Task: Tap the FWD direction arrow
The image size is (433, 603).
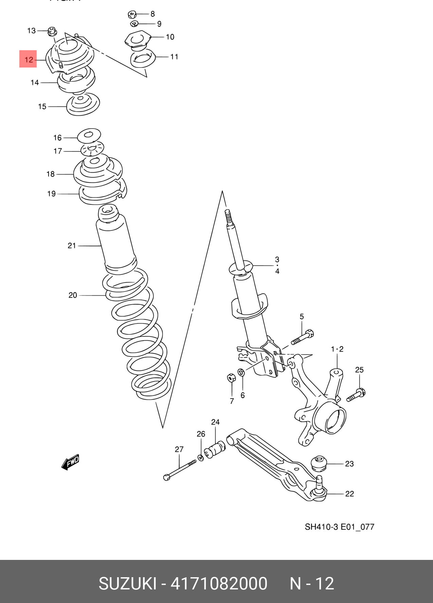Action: (x=71, y=462)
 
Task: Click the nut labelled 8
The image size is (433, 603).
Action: (x=132, y=14)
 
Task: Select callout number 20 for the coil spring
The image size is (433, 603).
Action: (x=73, y=295)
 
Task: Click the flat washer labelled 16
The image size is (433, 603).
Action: (x=89, y=136)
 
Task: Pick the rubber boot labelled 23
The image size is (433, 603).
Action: (x=319, y=463)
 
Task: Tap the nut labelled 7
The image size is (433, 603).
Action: (x=231, y=378)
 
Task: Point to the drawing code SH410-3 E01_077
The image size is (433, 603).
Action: (x=339, y=527)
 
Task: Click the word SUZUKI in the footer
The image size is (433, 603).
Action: (x=127, y=584)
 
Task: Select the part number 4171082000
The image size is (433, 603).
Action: (x=219, y=584)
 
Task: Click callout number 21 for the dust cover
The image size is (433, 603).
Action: (x=72, y=245)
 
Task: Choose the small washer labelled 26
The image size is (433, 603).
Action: (x=200, y=458)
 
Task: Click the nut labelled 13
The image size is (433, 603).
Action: (x=52, y=31)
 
